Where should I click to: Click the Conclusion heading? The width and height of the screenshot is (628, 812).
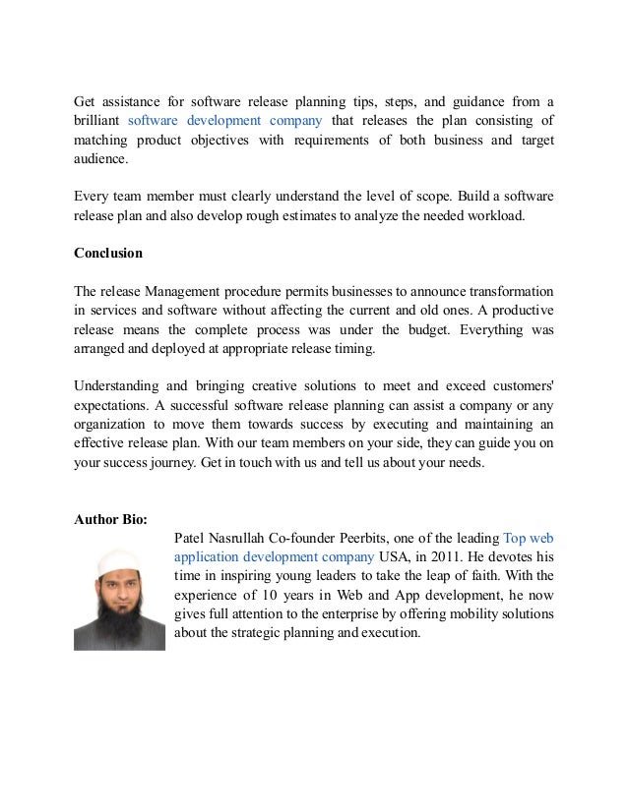pos(108,253)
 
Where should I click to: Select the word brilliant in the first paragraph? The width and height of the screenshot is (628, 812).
pos(98,121)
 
